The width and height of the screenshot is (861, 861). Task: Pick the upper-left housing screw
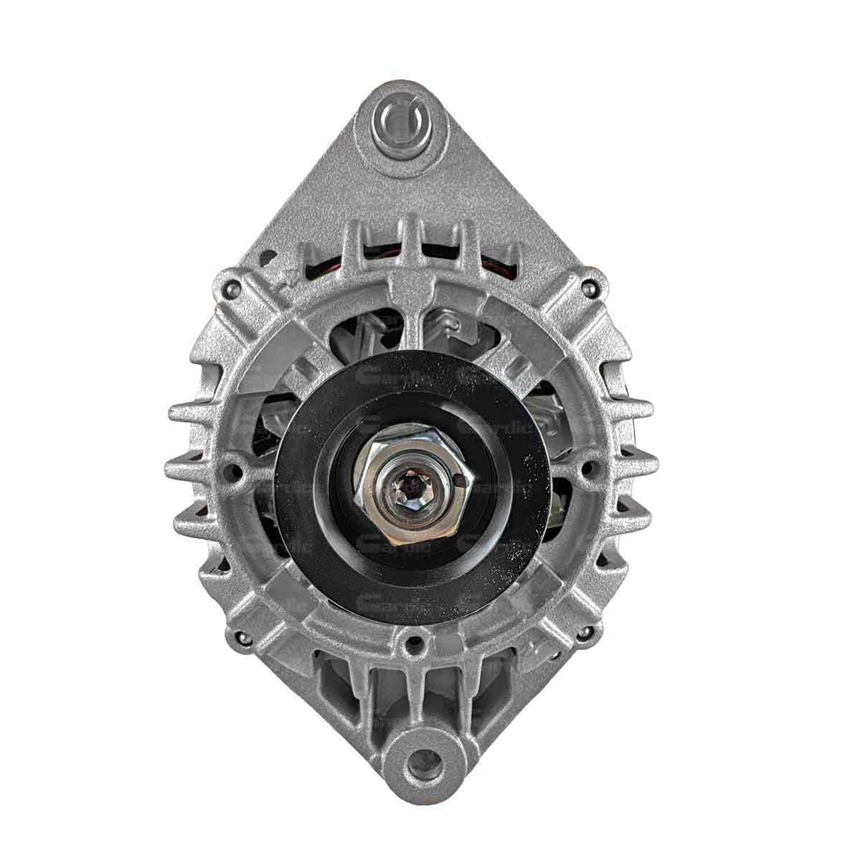pos(232,288)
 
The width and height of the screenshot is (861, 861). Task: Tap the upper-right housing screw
pos(588,288)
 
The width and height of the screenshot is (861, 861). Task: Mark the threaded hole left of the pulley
pos(232,471)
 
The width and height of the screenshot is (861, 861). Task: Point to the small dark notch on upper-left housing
pos(270,256)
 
